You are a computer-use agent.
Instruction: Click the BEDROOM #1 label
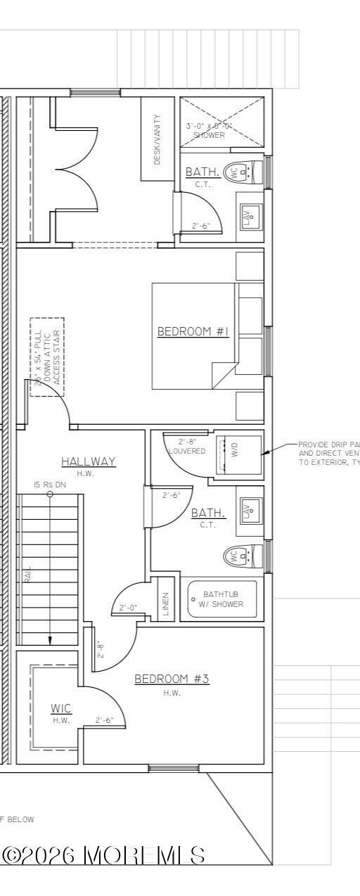pyautogui.click(x=193, y=331)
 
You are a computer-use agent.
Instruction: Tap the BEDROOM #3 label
pyautogui.click(x=172, y=679)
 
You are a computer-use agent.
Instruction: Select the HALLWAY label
pyautogui.click(x=88, y=461)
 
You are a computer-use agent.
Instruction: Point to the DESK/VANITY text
pyautogui.click(x=157, y=140)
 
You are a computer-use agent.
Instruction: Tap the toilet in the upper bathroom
pyautogui.click(x=237, y=171)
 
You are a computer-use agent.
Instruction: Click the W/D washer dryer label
pyautogui.click(x=235, y=454)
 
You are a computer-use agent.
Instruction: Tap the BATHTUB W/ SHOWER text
pyautogui.click(x=223, y=599)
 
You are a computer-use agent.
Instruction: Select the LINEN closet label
pyautogui.click(x=166, y=604)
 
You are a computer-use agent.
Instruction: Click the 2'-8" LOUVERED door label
pyautogui.click(x=187, y=447)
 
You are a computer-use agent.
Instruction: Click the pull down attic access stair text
pyautogui.click(x=47, y=357)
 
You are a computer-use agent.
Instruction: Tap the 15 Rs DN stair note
pyautogui.click(x=48, y=485)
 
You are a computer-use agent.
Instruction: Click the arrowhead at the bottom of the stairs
pyautogui.click(x=50, y=640)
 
